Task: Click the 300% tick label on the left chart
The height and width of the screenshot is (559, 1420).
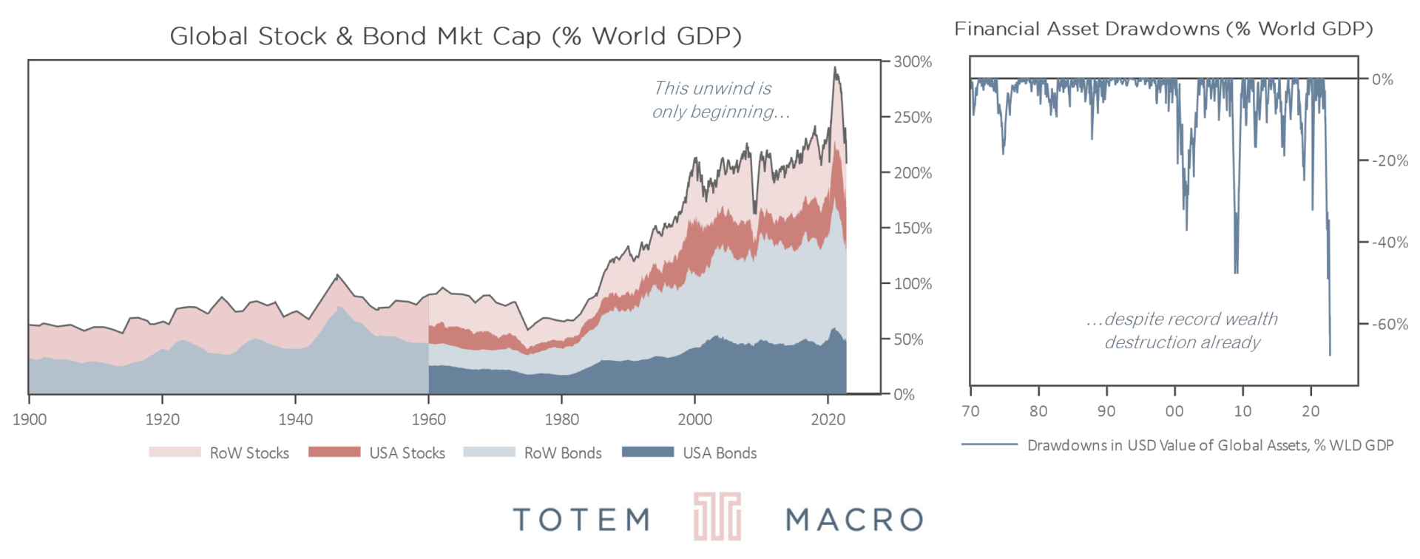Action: tap(913, 62)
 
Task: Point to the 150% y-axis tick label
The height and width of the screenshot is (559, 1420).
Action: tap(913, 228)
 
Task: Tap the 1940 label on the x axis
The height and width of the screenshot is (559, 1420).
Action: tap(295, 420)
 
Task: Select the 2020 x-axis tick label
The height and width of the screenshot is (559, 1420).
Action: tap(828, 420)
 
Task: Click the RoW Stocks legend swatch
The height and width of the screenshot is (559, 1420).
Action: tap(175, 452)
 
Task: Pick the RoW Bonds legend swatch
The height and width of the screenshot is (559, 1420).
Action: tap(489, 452)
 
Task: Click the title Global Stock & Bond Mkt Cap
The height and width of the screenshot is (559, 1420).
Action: tap(456, 36)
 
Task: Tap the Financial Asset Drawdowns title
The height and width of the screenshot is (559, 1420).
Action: tap(1163, 29)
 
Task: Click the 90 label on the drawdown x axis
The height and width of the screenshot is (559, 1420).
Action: tap(1106, 412)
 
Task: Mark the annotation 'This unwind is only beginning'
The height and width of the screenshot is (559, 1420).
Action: tap(720, 100)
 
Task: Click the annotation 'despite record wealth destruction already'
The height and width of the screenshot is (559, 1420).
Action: tap(1183, 331)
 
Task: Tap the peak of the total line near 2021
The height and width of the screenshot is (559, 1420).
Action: tap(835, 68)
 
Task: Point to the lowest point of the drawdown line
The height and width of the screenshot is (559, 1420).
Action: tap(1330, 356)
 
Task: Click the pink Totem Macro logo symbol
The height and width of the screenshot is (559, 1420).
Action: tap(717, 517)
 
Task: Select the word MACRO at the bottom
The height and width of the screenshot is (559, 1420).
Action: tap(854, 520)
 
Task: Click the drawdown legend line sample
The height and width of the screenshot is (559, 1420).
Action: tap(989, 445)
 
